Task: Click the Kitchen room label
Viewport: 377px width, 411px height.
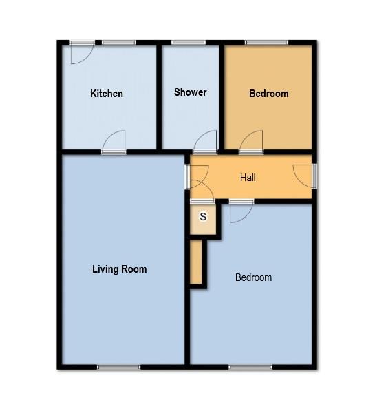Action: tap(107, 94)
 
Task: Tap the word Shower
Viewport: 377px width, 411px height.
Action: tap(190, 92)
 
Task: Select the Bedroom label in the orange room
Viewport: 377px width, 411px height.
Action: tap(268, 94)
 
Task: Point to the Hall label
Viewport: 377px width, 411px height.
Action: tap(248, 178)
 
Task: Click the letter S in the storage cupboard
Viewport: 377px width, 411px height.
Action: tap(202, 217)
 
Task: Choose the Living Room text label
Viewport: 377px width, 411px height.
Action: tap(119, 269)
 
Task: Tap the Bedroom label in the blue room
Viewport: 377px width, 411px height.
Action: tap(253, 277)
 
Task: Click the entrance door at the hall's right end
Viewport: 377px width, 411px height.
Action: tap(303, 175)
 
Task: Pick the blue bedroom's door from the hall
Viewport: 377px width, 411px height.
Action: tap(240, 211)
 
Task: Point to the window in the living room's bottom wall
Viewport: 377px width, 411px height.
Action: tap(118, 367)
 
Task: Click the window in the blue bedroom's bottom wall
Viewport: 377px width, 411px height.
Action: tap(250, 367)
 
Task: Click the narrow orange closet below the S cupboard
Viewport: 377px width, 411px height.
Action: tap(197, 262)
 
